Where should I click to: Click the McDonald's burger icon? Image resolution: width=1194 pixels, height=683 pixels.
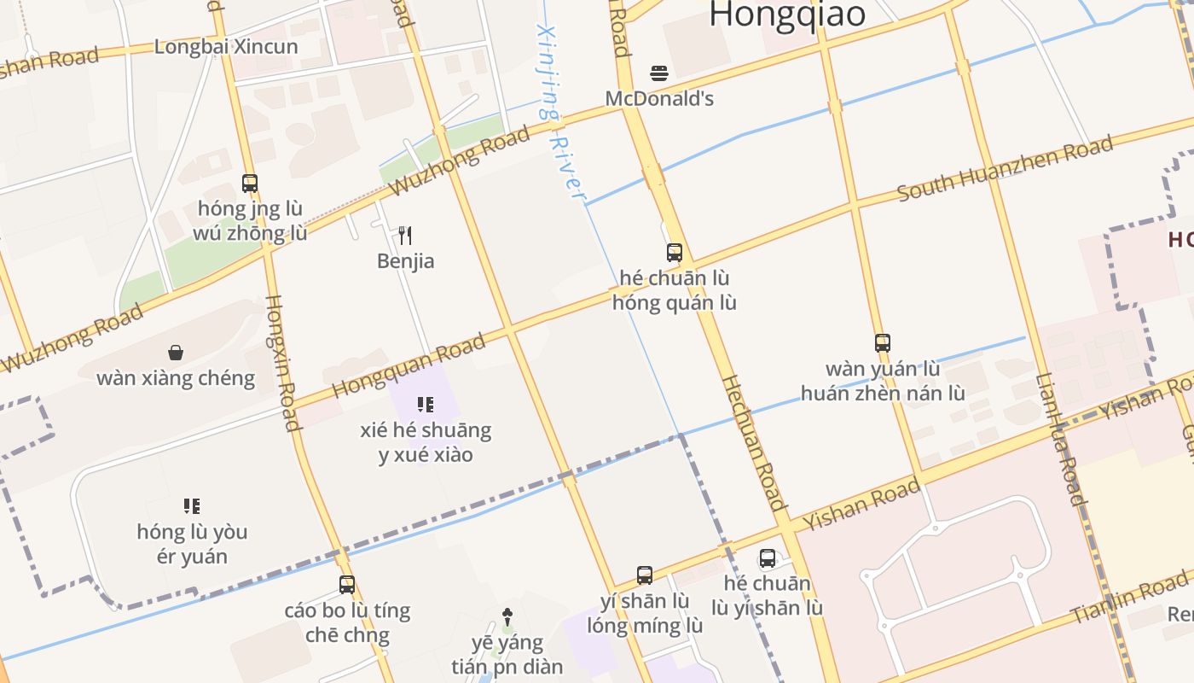point(658,73)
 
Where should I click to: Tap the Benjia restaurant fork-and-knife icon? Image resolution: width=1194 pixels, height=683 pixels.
point(406,235)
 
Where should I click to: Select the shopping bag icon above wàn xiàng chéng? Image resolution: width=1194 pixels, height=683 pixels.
point(176,353)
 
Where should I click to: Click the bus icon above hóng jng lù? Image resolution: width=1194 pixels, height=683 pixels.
point(250,183)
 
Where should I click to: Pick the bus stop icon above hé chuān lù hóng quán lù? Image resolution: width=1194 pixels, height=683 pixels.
point(675,253)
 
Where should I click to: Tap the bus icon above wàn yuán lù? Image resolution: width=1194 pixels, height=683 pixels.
point(883,343)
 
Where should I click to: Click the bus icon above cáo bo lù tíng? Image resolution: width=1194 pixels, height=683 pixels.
point(347,585)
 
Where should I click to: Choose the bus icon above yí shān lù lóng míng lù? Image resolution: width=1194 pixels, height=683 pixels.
point(645,575)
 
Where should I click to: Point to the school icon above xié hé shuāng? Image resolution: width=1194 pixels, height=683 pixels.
point(426,404)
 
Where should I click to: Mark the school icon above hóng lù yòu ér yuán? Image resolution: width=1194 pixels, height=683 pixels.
point(192,506)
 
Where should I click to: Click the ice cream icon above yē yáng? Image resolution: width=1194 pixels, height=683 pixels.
point(508,616)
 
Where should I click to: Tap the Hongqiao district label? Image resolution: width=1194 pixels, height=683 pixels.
point(787,15)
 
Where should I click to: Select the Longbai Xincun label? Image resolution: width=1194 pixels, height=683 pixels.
point(226,46)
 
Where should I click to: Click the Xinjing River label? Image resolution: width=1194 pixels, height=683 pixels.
point(560,111)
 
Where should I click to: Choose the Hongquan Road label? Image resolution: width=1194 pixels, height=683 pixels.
point(409,365)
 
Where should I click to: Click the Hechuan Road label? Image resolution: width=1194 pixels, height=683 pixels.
point(754,442)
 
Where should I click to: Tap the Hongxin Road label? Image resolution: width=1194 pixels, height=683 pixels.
point(281,363)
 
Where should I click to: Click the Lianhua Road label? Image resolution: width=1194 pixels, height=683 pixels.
point(1060,439)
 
